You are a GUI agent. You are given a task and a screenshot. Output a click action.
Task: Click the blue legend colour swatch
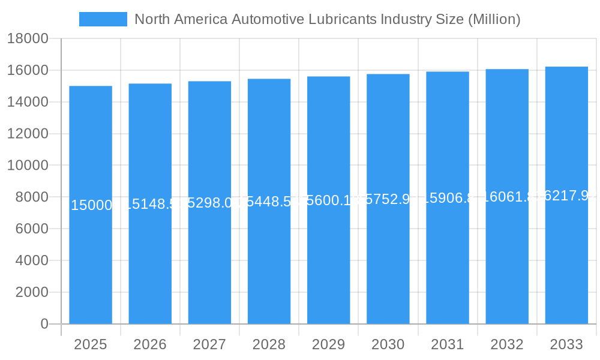click(x=103, y=19)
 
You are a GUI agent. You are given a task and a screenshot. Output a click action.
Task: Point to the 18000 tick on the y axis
click(x=27, y=39)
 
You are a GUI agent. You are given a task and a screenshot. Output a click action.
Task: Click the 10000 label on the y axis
click(x=27, y=166)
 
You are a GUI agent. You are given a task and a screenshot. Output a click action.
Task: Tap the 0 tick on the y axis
click(x=44, y=324)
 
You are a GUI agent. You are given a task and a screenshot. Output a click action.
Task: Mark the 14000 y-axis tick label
click(x=27, y=102)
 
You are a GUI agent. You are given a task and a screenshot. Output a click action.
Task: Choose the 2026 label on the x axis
click(x=150, y=344)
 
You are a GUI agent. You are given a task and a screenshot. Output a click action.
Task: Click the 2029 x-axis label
click(x=329, y=344)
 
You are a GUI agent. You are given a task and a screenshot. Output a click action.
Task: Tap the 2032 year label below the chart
click(x=507, y=344)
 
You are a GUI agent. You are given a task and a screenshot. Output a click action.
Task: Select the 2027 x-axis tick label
click(x=209, y=344)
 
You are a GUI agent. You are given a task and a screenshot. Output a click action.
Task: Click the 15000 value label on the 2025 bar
click(x=91, y=206)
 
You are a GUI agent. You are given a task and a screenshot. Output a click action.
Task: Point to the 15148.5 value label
click(x=150, y=205)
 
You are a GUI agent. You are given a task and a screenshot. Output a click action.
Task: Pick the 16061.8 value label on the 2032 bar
click(x=507, y=197)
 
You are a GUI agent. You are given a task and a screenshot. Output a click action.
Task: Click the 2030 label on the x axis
click(x=388, y=344)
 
